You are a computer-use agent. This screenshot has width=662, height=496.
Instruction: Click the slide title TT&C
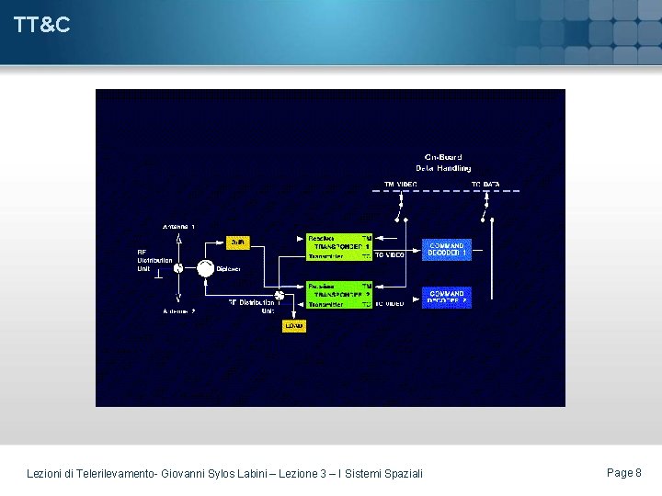pyautogui.click(x=42, y=26)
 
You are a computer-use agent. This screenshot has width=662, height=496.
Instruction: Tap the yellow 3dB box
pyautogui.click(x=237, y=242)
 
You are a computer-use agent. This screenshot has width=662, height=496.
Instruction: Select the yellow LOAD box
pyautogui.click(x=293, y=325)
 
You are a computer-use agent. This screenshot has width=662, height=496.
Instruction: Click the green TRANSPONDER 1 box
pyautogui.click(x=339, y=247)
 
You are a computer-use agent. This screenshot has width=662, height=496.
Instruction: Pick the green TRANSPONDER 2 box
pyautogui.click(x=339, y=295)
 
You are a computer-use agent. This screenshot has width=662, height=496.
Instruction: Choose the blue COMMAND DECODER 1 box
pyautogui.click(x=446, y=250)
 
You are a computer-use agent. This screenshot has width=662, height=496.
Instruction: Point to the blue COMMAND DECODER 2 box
pyautogui.click(x=446, y=298)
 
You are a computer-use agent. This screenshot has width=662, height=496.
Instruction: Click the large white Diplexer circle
pyautogui.click(x=205, y=268)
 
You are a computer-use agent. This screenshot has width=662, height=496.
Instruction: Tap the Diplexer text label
pyautogui.click(x=228, y=269)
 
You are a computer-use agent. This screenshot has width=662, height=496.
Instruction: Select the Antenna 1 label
pyautogui.click(x=178, y=226)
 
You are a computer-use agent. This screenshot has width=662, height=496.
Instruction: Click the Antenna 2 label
pyautogui.click(x=178, y=311)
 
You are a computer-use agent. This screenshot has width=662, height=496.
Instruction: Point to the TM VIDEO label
pyautogui.click(x=401, y=185)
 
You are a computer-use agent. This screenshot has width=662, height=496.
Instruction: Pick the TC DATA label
pyautogui.click(x=486, y=185)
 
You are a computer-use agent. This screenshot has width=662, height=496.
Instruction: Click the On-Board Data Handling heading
pyautogui.click(x=443, y=163)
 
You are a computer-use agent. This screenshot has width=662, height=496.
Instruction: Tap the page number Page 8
pyautogui.click(x=624, y=472)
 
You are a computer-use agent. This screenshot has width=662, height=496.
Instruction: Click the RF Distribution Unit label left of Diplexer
pyautogui.click(x=154, y=260)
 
